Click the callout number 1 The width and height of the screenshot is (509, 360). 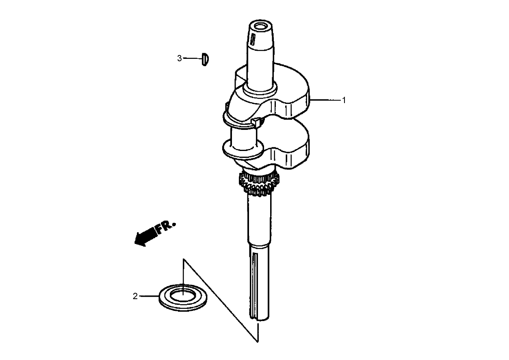tap(344, 100)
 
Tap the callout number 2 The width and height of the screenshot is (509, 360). tap(135, 296)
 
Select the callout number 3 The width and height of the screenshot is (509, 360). tap(180, 58)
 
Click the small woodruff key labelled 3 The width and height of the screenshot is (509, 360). tap(205, 59)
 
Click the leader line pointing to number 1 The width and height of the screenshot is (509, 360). tap(325, 100)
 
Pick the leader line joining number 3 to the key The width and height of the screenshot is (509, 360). tap(192, 58)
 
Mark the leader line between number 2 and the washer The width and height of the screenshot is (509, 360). tap(149, 296)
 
